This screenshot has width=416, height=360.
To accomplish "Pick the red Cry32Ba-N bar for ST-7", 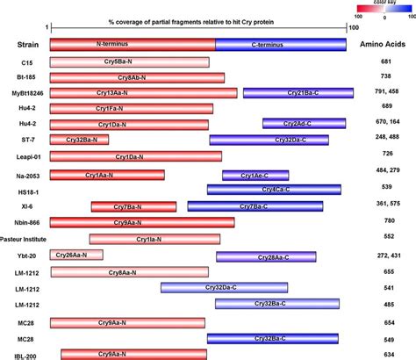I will pos(80,140).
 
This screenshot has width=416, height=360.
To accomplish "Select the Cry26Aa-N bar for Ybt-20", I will pos(76,255).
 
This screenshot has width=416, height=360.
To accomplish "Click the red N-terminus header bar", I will pos(132,43).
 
